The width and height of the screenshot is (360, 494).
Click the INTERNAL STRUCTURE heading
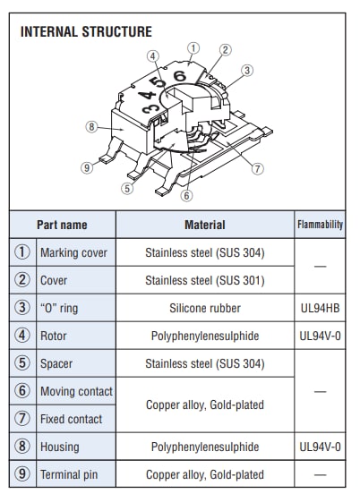pyautogui.click(x=86, y=32)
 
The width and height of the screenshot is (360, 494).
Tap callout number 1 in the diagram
pyautogui.click(x=193, y=47)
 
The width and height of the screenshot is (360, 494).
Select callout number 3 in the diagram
pyautogui.click(x=247, y=70)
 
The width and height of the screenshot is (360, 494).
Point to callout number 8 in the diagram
pyautogui.click(x=90, y=126)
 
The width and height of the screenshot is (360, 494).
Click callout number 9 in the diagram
pyautogui.click(x=86, y=167)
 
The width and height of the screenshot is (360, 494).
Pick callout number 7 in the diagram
pyautogui.click(x=258, y=167)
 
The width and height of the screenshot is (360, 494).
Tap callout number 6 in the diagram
pyautogui.click(x=186, y=195)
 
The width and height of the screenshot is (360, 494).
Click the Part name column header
pyautogui.click(x=62, y=225)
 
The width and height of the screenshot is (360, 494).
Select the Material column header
pyautogui.click(x=204, y=225)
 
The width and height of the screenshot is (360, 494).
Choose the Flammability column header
pyautogui.click(x=320, y=225)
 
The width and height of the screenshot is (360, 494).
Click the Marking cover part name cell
pyautogui.click(x=73, y=252)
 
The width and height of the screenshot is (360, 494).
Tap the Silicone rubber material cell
pyautogui.click(x=204, y=308)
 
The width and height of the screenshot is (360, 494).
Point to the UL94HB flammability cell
pyautogui.click(x=320, y=308)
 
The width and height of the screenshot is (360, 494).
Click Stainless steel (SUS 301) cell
pyautogui.click(x=204, y=280)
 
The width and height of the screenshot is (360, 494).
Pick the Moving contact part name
pyautogui.click(x=76, y=391)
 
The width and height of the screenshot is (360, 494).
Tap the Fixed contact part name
pyautogui.click(x=71, y=419)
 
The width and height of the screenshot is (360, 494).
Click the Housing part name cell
pyautogui.click(x=59, y=447)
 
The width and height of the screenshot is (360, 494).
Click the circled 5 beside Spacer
pyautogui.click(x=22, y=363)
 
